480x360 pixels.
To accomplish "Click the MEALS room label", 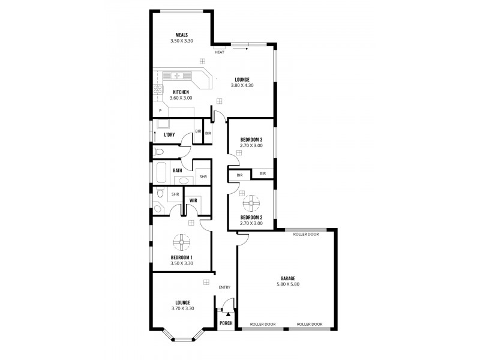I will [182, 35].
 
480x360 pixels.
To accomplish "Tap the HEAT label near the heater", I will [220, 52].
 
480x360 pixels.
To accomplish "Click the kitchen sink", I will [177, 75].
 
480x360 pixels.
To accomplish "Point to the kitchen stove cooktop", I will [157, 90].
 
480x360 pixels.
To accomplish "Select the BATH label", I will [178, 171].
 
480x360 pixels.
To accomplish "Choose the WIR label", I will [194, 201].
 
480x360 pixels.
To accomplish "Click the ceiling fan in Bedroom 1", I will [182, 242].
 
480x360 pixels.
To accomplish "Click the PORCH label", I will [226, 323].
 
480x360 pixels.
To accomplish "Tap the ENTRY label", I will [224, 287].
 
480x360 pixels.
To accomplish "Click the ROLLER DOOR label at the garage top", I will [305, 234].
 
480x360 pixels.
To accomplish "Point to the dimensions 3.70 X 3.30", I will [182, 308].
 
